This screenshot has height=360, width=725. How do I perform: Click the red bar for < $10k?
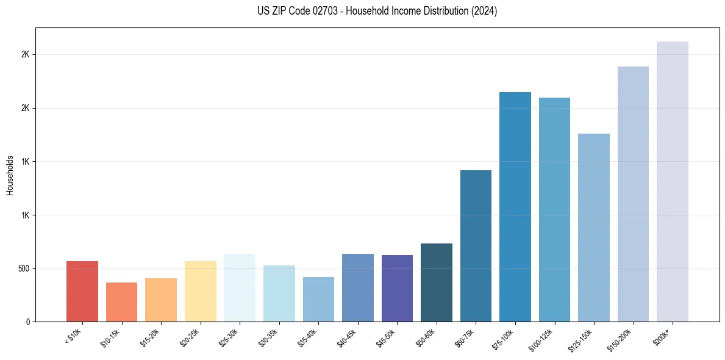82,292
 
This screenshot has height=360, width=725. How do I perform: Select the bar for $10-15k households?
121,302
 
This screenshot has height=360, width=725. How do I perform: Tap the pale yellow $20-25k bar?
201,292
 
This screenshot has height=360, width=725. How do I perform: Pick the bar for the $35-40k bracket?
318,300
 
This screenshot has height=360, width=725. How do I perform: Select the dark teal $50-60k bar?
437,283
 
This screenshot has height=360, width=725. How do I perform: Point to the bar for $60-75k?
476,246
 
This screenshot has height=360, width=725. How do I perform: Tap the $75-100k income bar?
515,207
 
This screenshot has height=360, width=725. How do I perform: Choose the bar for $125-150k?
594,228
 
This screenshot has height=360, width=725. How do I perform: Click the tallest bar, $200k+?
673,182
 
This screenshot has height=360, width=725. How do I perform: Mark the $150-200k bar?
633,194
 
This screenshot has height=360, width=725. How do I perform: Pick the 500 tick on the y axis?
24,268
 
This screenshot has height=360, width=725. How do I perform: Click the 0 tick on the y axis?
28,322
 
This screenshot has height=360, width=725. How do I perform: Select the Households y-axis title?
10,175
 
